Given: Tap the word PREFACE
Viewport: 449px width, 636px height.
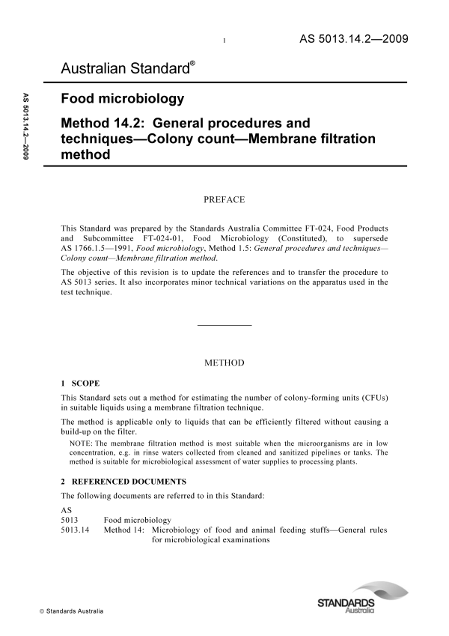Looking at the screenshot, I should (224, 200).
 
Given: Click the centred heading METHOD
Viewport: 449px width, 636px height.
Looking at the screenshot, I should (224, 363).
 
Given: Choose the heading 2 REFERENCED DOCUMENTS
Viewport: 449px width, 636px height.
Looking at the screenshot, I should (123, 481).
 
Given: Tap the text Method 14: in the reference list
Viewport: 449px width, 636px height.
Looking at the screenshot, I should (124, 531).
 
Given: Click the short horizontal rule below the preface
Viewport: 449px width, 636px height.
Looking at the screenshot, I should (224, 324).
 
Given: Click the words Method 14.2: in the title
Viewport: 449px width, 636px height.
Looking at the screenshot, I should (103, 122).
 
